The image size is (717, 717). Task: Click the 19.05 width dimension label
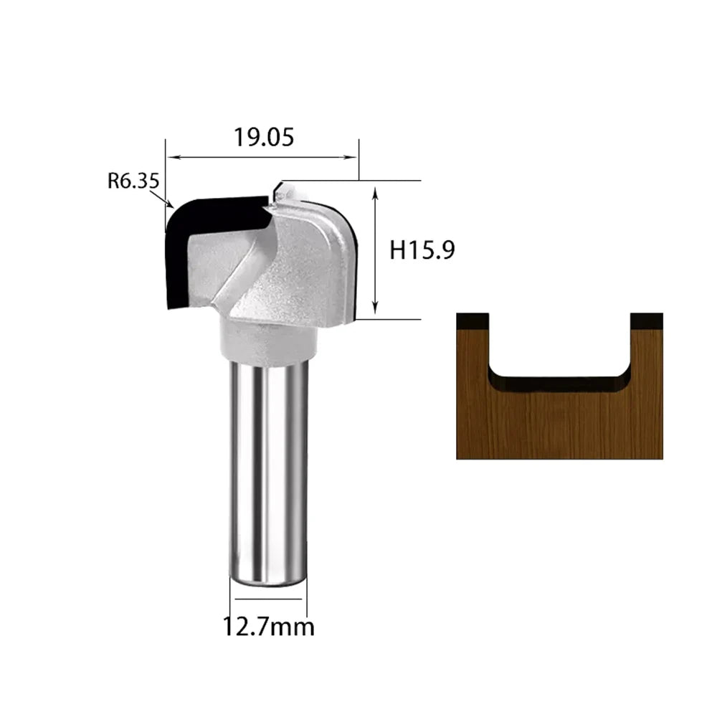264,137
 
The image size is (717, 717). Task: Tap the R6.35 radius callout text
133,181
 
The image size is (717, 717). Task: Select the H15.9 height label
422,250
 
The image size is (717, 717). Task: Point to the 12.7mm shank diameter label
268,627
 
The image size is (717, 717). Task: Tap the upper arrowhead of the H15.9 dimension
376,192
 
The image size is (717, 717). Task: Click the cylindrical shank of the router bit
268,471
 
